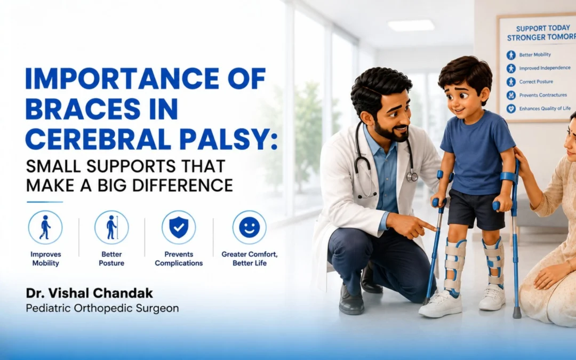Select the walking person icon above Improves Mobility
pos(45,227)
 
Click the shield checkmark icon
pos(179,227)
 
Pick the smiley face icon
pos(250,227)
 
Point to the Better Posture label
pos(111,259)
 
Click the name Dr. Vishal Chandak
pos(89,293)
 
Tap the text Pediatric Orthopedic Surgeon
pos(102,308)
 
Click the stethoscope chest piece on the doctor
pos(412,177)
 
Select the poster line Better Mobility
pos(535,55)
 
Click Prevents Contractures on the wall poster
pos(543,95)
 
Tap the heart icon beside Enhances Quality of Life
pos(511,109)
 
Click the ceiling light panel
pos(411,26)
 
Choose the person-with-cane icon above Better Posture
pos(111,227)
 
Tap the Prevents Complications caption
pos(179,259)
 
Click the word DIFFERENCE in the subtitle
pos(182,185)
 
